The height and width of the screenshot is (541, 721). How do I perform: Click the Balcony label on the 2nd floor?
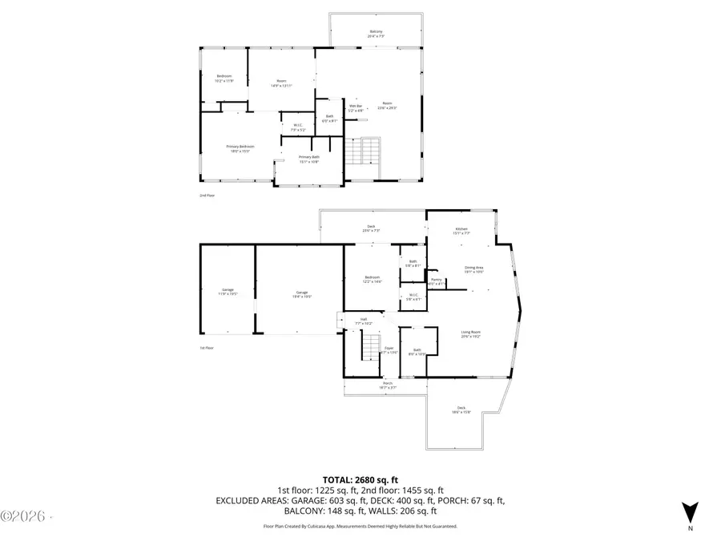[376, 34]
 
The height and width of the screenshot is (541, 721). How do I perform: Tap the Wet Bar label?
[356, 107]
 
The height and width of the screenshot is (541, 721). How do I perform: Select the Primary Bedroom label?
[240, 148]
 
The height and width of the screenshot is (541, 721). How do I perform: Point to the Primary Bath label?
[309, 159]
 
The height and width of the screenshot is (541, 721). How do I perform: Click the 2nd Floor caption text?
[207, 195]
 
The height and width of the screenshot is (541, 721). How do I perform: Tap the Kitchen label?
[461, 231]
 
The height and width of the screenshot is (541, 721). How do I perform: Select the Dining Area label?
[473, 269]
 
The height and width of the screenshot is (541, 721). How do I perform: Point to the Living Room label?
[470, 333]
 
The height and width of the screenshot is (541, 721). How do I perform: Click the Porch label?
[388, 386]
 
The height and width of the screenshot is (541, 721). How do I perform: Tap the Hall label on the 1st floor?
[363, 321]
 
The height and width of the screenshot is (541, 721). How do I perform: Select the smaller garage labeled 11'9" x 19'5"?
[228, 292]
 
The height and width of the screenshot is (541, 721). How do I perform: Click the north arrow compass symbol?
[688, 511]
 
